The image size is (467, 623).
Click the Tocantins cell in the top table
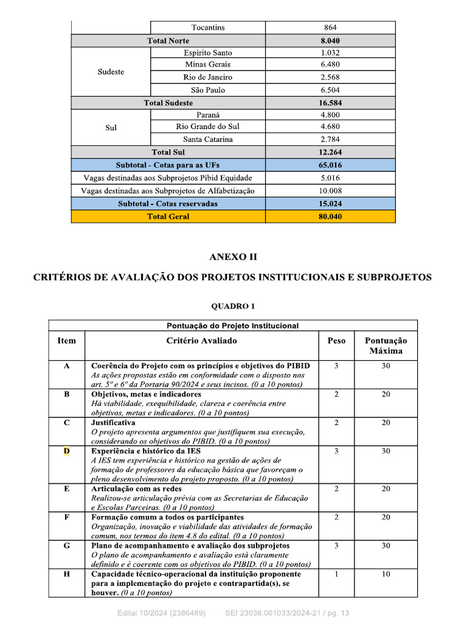(208, 27)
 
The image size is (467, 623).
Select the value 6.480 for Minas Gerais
(330, 64)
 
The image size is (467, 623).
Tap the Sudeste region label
(111, 72)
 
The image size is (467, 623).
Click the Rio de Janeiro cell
(208, 77)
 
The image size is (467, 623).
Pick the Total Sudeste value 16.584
(330, 103)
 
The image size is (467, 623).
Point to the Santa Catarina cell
(208, 139)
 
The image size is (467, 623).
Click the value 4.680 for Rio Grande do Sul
(330, 127)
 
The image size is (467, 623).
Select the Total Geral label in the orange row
(168, 217)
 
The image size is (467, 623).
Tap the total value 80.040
(330, 217)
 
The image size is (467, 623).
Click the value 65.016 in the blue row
(330, 165)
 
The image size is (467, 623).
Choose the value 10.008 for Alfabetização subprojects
(330, 191)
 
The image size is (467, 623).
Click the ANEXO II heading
(233, 257)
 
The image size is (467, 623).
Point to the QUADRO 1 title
(233, 307)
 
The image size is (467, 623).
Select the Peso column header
(336, 341)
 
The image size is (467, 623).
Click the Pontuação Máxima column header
(386, 346)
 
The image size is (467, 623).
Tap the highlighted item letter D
(67, 451)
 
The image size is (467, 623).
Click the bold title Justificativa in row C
(113, 422)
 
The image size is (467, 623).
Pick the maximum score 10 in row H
(386, 574)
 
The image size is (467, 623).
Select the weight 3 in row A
(336, 366)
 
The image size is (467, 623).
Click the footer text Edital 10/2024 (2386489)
(161, 613)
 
